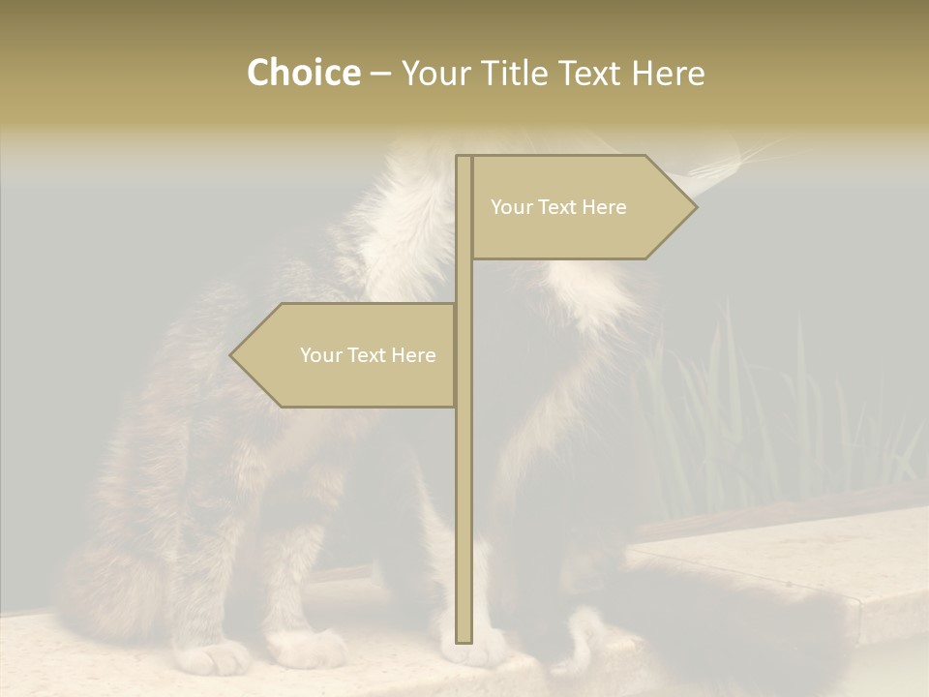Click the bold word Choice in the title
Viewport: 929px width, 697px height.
pyautogui.click(x=303, y=74)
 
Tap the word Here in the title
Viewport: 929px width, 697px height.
pyautogui.click(x=668, y=74)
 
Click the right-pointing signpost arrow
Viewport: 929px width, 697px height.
pyautogui.click(x=581, y=207)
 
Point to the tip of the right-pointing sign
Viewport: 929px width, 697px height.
pyautogui.click(x=695, y=207)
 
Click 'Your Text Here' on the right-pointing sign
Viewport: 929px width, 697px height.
pyautogui.click(x=558, y=207)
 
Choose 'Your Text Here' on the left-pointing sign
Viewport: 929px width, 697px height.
pyautogui.click(x=368, y=355)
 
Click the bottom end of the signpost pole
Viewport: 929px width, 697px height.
pyautogui.click(x=464, y=639)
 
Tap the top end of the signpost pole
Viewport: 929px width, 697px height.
pyautogui.click(x=464, y=159)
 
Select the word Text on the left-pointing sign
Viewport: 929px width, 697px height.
pyautogui.click(x=367, y=355)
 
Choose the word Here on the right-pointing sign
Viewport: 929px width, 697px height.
pyautogui.click(x=603, y=207)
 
